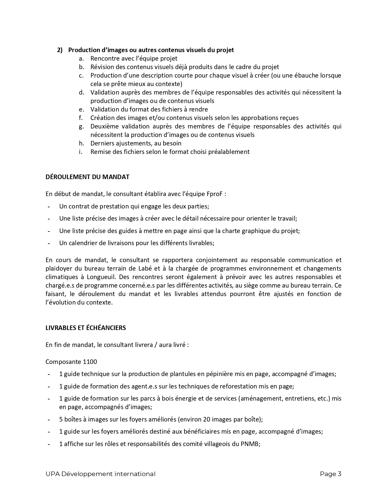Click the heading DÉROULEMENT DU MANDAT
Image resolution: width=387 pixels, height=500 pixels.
87,177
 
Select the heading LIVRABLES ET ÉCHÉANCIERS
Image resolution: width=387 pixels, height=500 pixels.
86,328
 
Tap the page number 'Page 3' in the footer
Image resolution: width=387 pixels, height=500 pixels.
331,474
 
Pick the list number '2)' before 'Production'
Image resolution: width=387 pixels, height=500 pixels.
60,50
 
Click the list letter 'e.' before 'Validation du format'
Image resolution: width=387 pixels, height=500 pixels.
81,109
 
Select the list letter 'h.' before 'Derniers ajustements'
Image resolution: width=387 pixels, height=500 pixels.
81,143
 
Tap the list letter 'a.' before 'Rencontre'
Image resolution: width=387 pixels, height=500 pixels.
81,58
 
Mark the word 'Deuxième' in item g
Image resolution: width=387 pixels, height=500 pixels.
104,126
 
